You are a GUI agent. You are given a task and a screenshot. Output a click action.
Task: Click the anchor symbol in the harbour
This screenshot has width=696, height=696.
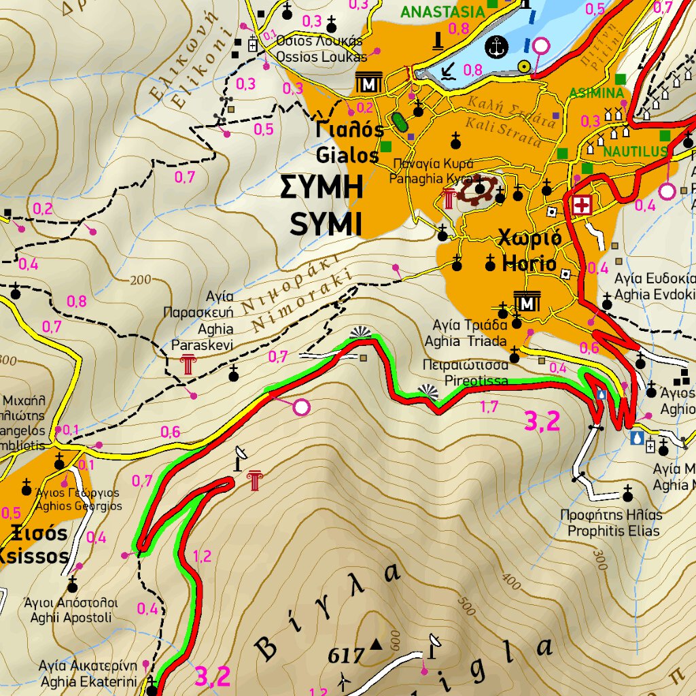pyautogui.click(x=498, y=47)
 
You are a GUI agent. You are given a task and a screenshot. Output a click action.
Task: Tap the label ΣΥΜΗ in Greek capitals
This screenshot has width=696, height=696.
pyautogui.click(x=321, y=188)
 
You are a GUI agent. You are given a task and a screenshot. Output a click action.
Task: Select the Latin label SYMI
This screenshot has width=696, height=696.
pyautogui.click(x=326, y=224)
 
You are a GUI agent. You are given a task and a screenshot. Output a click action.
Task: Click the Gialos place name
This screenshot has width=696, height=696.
pyautogui.click(x=347, y=155)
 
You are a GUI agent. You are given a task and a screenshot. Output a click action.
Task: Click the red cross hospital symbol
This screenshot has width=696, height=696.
pyautogui.click(x=582, y=204)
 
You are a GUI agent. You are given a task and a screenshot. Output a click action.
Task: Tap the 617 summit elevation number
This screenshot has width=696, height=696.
pyautogui.click(x=347, y=656)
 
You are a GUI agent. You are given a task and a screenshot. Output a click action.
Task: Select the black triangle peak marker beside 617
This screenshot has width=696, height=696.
pyautogui.click(x=375, y=642)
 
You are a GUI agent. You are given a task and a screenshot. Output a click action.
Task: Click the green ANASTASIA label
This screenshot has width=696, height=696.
pyautogui.click(x=442, y=12)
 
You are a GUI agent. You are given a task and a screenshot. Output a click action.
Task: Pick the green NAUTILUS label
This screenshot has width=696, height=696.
pyautogui.click(x=635, y=152)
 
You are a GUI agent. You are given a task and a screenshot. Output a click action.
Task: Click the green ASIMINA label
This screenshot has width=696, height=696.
pyautogui.click(x=596, y=92)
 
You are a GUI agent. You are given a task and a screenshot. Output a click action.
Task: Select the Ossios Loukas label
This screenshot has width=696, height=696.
pyautogui.click(x=321, y=56)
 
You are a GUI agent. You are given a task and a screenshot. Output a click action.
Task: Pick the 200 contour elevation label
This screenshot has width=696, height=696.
pyautogui.click(x=140, y=280)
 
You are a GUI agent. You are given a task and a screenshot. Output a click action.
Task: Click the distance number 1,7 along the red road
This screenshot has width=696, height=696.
pyautogui.click(x=489, y=407)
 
